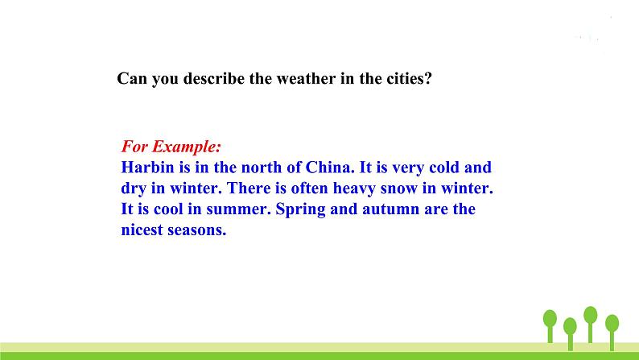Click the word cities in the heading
coord(409,78)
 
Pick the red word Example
coord(186,146)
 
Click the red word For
coord(134,146)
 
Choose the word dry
coord(134,188)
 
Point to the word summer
coord(238,209)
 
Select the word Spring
coord(300,209)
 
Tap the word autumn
coord(390,209)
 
